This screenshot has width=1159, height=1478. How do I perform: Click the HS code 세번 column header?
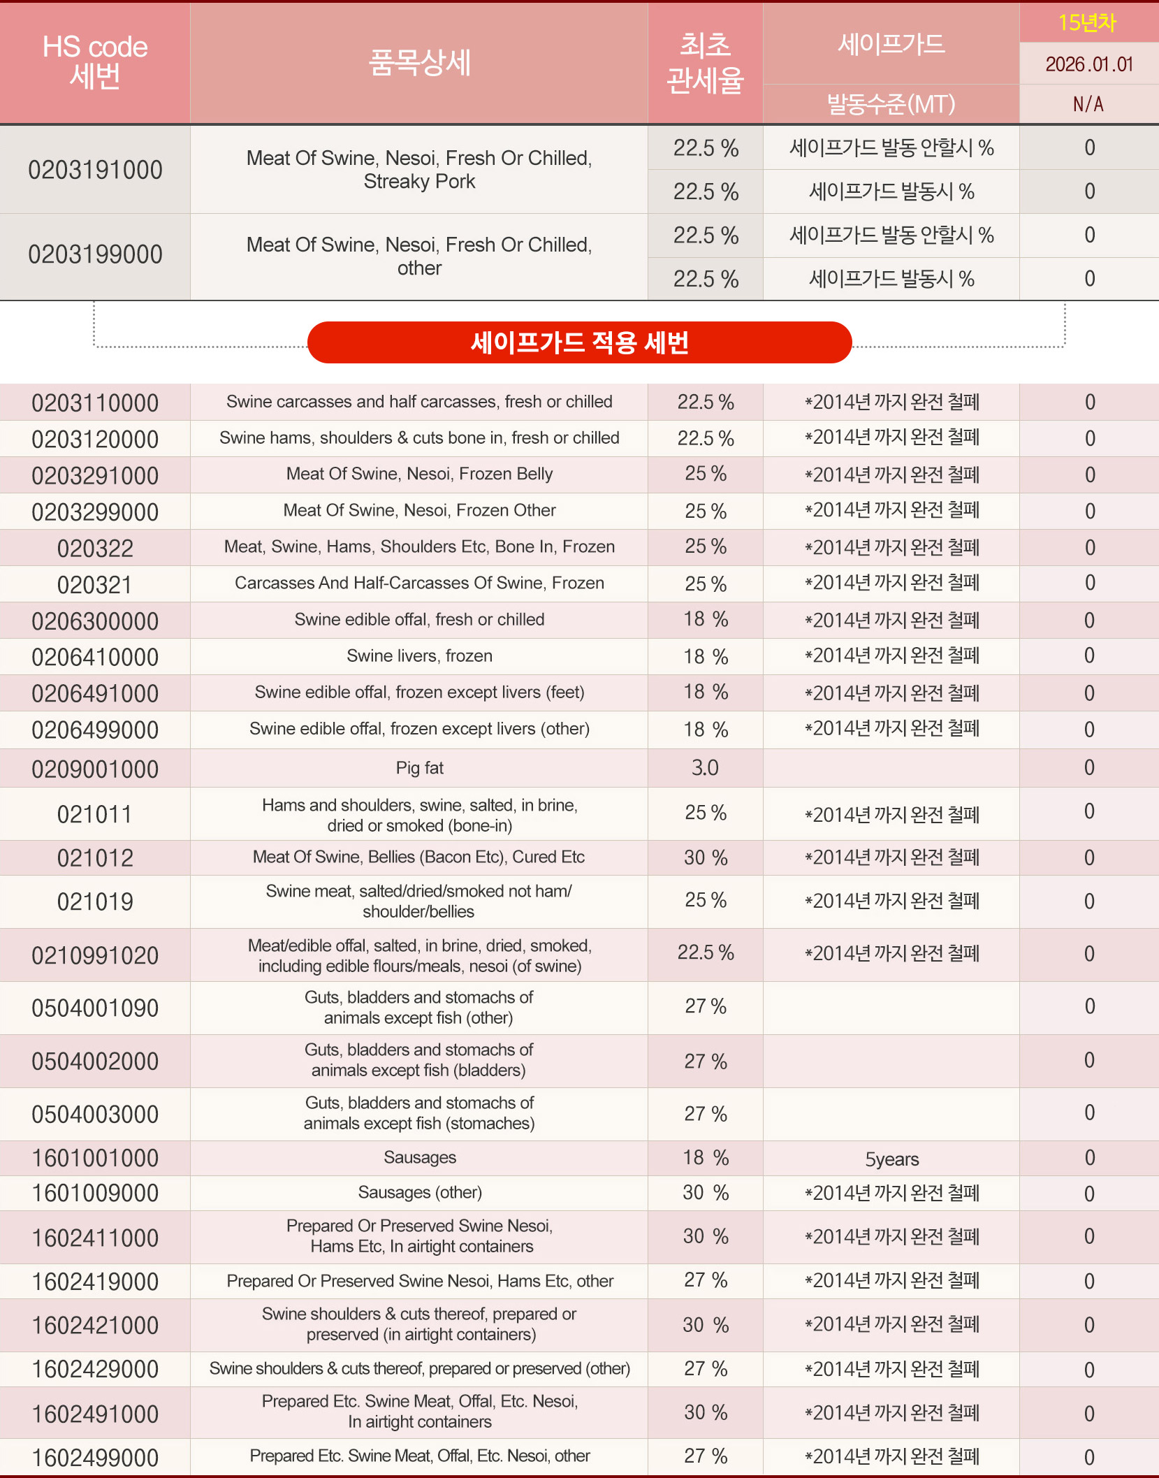click(95, 61)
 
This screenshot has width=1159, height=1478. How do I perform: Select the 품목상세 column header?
click(419, 62)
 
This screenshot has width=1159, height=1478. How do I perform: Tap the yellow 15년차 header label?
click(1087, 22)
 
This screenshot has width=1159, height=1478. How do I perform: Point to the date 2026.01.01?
click(1088, 64)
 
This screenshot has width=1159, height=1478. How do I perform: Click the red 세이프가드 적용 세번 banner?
click(579, 342)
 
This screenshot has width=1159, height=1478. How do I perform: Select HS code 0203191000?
click(95, 170)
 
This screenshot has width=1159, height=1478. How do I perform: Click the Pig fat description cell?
click(419, 768)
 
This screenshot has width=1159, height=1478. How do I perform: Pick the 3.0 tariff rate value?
click(705, 768)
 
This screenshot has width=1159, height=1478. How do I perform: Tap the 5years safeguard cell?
click(891, 1159)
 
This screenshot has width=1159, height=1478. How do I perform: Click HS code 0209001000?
click(95, 769)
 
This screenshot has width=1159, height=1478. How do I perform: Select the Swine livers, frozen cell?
click(419, 656)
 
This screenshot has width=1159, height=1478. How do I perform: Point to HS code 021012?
click(95, 858)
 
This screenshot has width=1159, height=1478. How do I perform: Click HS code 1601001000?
click(95, 1159)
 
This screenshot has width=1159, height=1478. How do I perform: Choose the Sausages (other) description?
click(419, 1193)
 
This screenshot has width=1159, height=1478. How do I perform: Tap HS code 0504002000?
click(95, 1062)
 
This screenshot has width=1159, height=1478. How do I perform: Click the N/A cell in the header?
click(1088, 105)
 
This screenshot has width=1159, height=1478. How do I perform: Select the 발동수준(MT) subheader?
click(891, 105)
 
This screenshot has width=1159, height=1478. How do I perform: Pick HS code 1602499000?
click(95, 1458)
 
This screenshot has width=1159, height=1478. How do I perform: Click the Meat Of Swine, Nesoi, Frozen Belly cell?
click(419, 474)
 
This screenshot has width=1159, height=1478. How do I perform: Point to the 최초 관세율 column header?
click(705, 63)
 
